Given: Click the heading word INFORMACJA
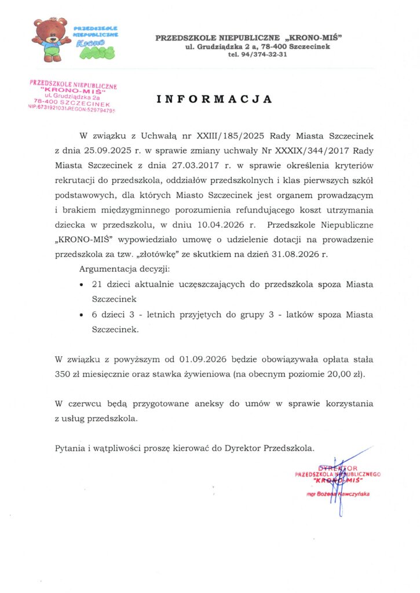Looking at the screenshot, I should [214, 99].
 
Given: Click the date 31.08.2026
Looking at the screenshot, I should [300, 254].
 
